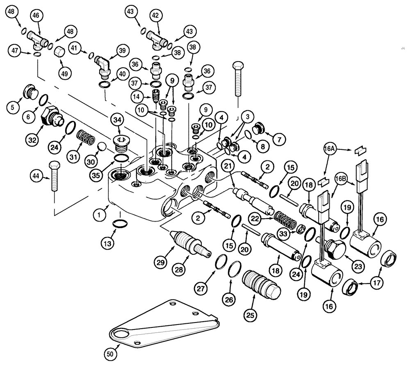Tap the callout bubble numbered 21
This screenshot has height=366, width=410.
(x=228, y=166)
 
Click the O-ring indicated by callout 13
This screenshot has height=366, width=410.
(x=119, y=224)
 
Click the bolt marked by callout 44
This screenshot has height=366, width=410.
(x=54, y=179)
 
